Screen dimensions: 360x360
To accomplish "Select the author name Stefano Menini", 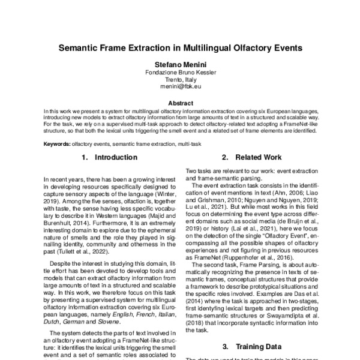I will (179, 64).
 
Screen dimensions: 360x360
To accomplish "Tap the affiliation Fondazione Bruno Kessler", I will (179, 72).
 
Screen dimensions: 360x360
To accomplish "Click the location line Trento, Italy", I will (179, 79).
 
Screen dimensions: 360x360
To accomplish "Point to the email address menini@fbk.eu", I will (179, 86).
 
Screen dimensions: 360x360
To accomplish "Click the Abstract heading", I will (179, 103).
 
